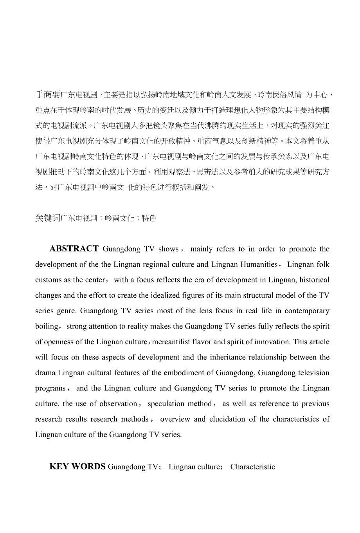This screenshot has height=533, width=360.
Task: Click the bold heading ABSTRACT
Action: click(x=74, y=249)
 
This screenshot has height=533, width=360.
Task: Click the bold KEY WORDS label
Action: click(x=77, y=466)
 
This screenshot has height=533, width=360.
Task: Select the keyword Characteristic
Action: click(x=252, y=467)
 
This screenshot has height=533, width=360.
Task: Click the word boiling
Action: click(x=47, y=327)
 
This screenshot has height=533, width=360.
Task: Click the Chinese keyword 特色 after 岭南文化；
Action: click(x=149, y=218)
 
